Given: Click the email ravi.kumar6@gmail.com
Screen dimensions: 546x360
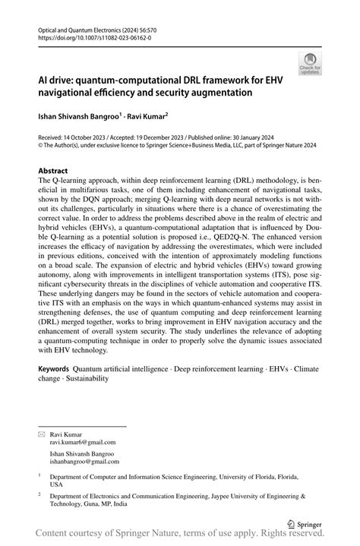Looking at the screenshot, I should [83, 441].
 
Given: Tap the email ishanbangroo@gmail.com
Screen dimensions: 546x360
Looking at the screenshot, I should [87, 461].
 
